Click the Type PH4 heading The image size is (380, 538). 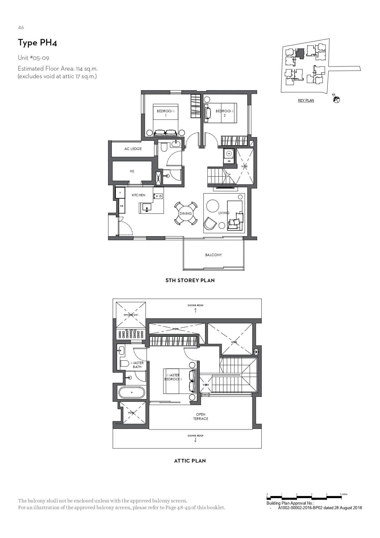tap(37, 43)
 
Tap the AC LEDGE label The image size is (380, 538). tap(133, 149)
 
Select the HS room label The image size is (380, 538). tap(132, 171)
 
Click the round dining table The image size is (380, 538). tap(186, 213)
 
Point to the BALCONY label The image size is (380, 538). tap(213, 255)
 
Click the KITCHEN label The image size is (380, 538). tap(139, 195)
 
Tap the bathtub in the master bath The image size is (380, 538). tap(132, 392)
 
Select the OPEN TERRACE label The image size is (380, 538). tap(201, 417)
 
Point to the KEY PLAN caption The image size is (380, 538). tap(306, 100)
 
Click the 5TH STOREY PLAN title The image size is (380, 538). tap(190, 280)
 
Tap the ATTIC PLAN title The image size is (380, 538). tap(190, 461)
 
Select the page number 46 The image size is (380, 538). tap(21, 28)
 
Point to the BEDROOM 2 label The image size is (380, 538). tap(224, 113)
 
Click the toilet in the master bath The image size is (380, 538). tap(124, 363)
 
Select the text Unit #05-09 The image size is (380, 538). tap(33, 58)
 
